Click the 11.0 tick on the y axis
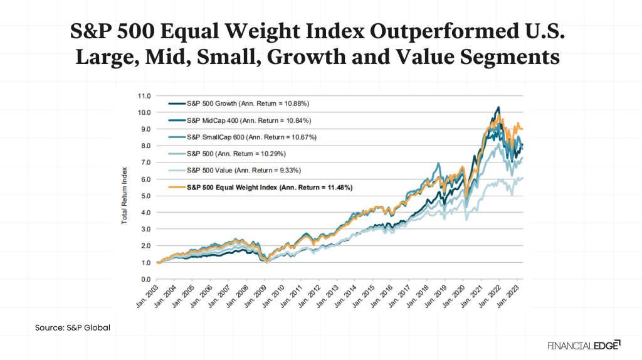[x=144, y=96]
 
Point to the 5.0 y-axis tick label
[x=145, y=196]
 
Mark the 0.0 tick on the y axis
[x=145, y=279]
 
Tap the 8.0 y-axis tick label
[x=145, y=146]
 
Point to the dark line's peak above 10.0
[x=498, y=107]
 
